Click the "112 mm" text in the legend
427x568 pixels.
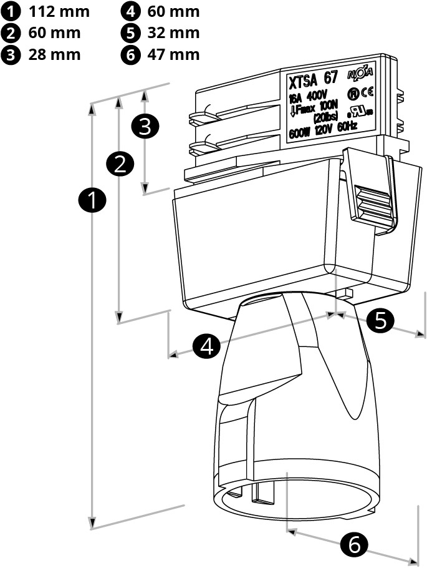[59, 11]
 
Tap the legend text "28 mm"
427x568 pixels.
[54, 54]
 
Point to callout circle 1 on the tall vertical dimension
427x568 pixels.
[92, 201]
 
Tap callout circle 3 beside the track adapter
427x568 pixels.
[145, 126]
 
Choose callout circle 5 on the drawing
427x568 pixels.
[380, 320]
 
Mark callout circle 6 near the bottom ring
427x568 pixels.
[354, 546]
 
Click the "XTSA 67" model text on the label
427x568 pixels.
[312, 81]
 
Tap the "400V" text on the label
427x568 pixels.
[317, 96]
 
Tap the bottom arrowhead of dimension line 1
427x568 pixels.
[92, 523]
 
